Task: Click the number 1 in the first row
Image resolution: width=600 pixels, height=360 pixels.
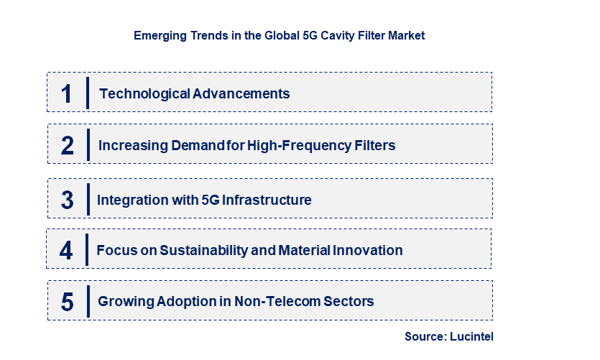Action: pos(67,94)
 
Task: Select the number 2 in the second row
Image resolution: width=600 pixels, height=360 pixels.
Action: pos(68,146)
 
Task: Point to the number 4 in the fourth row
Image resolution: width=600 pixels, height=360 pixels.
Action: pos(67,251)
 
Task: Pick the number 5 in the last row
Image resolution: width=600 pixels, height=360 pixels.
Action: pos(68,302)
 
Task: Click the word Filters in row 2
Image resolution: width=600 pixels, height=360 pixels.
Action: pos(373,145)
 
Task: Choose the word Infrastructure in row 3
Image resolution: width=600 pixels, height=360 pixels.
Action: pos(267,200)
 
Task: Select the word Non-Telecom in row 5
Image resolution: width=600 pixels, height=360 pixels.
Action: pos(279,301)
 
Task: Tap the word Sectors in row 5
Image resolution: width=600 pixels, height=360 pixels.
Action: pos(349,301)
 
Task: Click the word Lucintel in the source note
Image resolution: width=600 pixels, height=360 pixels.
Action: pos(471,336)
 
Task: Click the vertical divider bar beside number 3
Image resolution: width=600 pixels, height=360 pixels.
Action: pos(88,199)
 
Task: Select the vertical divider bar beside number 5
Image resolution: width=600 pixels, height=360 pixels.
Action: pos(88,300)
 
